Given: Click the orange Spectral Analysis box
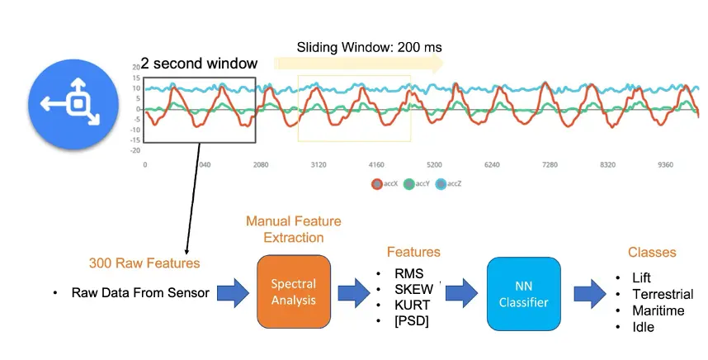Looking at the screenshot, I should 293,291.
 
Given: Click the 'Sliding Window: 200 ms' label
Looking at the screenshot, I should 369,47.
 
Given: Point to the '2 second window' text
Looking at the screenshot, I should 198,64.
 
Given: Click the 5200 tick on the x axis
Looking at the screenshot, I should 434,165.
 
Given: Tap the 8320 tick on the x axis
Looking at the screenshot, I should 607,165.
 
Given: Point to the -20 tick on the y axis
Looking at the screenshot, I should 136,150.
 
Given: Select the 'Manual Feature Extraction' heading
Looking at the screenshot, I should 293,229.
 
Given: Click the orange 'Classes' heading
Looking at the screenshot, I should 651,252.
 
